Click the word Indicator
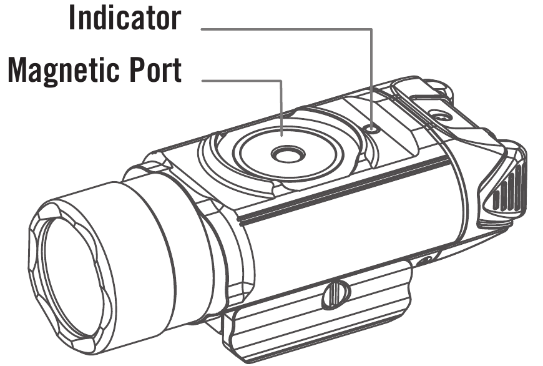coord(125,17)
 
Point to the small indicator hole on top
coord(372,129)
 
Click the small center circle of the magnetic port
coord(288,154)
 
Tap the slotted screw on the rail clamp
coord(335,295)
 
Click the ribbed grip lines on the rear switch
coord(509,190)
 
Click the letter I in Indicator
coord(73,17)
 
